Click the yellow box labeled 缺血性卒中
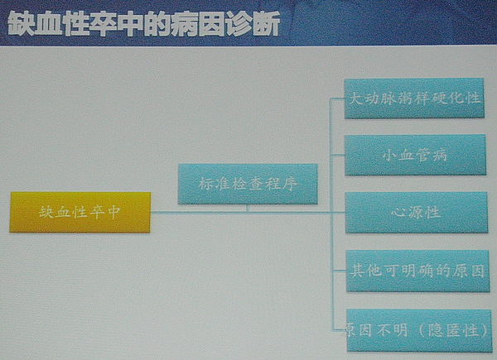[80, 212]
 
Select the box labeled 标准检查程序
[248, 184]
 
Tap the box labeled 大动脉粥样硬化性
[414, 98]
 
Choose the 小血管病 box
[415, 155]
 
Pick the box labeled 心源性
[416, 213]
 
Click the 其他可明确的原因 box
[417, 271]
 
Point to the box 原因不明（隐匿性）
[419, 330]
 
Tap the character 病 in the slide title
[185, 24]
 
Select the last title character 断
[267, 24]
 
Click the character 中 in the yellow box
[113, 212]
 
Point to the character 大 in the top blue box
[355, 98]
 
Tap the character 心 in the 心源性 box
[398, 212]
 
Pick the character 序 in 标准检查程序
[290, 184]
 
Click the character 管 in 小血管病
[422, 155]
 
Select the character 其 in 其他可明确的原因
[358, 271]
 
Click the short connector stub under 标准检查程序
[248, 208]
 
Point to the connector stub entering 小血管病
[337, 155]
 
